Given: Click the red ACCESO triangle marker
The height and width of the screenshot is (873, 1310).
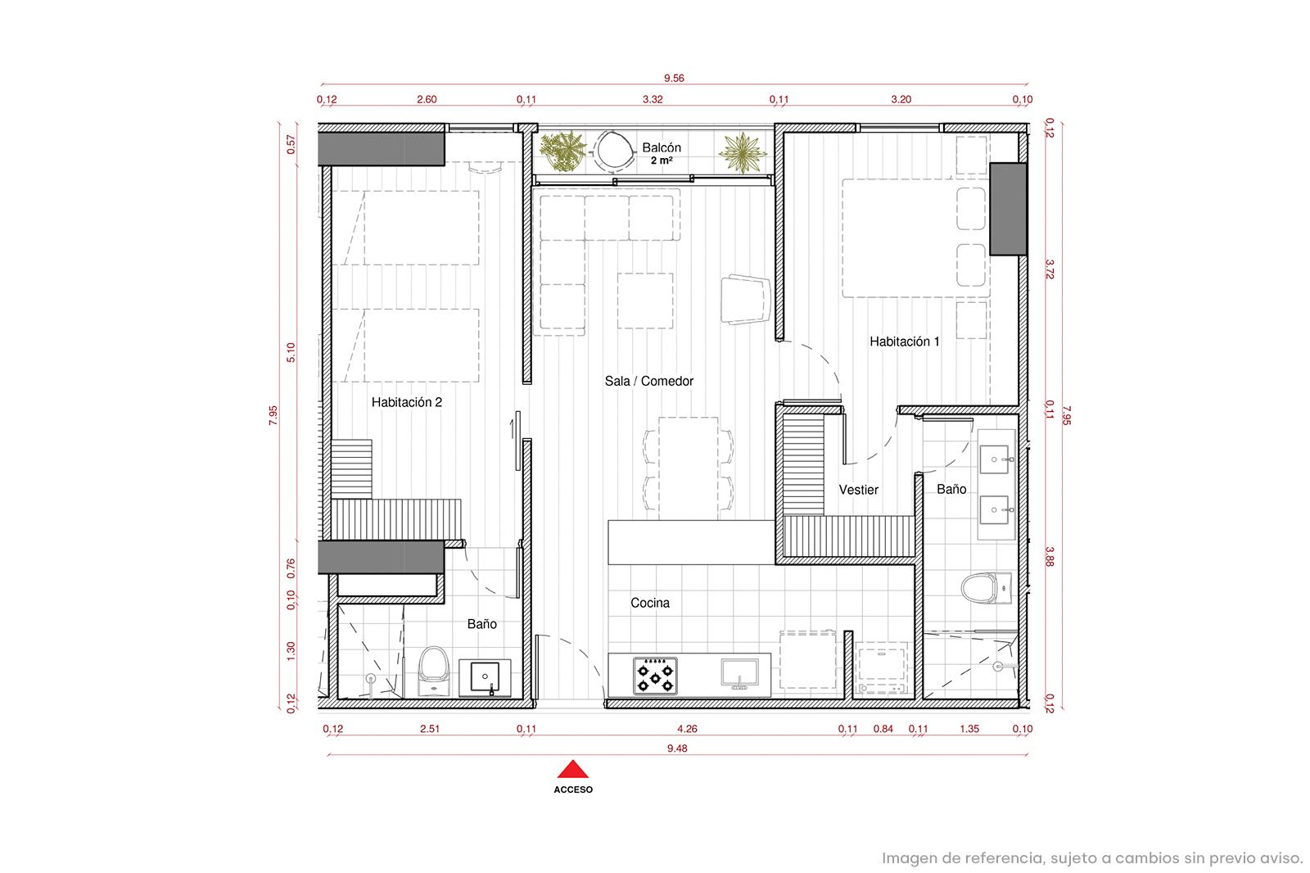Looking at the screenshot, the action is [x=572, y=769].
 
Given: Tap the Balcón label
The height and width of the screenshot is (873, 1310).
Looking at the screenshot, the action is [x=662, y=147].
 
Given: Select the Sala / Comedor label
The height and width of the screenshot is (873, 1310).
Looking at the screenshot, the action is [x=648, y=381].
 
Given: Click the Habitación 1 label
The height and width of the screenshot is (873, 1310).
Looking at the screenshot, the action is [x=904, y=342].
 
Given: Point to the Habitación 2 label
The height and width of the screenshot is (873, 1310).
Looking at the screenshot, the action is [x=406, y=402].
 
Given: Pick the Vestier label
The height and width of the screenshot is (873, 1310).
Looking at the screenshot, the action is [x=859, y=490].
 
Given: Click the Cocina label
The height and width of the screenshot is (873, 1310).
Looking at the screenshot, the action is [x=650, y=603].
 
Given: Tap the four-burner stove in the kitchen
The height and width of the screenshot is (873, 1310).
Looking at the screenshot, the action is [x=655, y=676].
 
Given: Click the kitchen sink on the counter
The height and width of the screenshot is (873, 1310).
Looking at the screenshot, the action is [x=740, y=673].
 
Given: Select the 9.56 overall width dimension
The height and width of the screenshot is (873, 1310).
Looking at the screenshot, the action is [x=674, y=78].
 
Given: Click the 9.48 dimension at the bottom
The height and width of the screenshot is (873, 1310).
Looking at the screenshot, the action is [x=676, y=749].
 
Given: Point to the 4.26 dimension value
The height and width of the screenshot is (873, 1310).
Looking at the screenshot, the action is [x=687, y=729].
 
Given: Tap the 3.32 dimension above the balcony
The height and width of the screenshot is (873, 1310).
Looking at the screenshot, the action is [x=653, y=99].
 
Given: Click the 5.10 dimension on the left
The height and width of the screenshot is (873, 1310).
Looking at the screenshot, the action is [x=291, y=352].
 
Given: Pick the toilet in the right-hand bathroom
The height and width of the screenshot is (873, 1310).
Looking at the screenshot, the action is [x=986, y=588].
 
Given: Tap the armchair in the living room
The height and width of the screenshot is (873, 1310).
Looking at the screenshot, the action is [x=745, y=299].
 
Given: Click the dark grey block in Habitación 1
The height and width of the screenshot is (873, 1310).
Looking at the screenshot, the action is [x=1008, y=209].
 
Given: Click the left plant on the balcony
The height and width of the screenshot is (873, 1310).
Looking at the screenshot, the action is [x=562, y=151].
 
